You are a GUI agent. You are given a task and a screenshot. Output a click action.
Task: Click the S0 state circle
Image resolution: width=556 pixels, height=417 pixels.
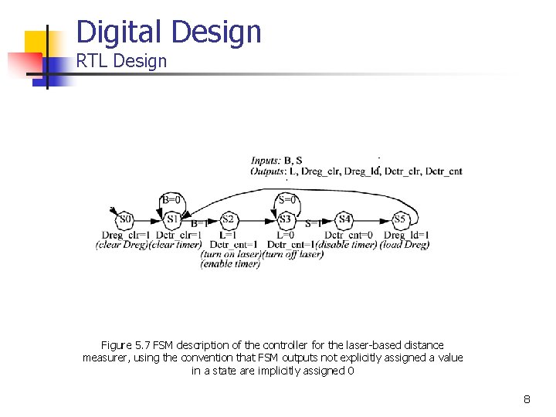pyautogui.click(x=126, y=219)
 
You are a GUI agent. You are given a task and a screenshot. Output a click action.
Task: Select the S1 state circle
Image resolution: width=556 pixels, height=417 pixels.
pyautogui.click(x=173, y=219)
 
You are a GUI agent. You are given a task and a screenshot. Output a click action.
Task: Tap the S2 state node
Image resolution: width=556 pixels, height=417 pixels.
pyautogui.click(x=228, y=219)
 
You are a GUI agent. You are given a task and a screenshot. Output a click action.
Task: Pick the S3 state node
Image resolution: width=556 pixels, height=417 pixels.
pyautogui.click(x=286, y=219)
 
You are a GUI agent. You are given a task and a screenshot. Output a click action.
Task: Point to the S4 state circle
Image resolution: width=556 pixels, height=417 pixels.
pyautogui.click(x=344, y=219)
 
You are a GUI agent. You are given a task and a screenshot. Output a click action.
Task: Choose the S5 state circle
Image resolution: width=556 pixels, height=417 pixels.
pyautogui.click(x=400, y=219)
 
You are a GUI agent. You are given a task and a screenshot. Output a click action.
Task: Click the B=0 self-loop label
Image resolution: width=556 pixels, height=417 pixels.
pyautogui.click(x=171, y=199)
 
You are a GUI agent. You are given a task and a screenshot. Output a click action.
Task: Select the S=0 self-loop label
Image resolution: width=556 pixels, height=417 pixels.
pyautogui.click(x=286, y=199)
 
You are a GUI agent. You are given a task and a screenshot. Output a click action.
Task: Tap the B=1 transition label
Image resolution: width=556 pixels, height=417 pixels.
pyautogui.click(x=199, y=224)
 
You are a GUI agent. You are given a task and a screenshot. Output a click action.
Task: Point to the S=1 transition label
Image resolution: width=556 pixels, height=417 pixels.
pyautogui.click(x=314, y=224)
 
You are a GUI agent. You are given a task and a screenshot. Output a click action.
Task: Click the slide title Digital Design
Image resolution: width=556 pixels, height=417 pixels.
pyautogui.click(x=169, y=32)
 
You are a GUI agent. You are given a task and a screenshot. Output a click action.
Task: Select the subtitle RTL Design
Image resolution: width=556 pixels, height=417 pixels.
pyautogui.click(x=121, y=61)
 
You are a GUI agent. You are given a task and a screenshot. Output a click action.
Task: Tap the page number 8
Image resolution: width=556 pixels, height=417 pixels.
pyautogui.click(x=527, y=399)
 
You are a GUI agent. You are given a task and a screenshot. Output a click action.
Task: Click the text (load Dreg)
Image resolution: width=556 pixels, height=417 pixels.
pyautogui.click(x=405, y=245)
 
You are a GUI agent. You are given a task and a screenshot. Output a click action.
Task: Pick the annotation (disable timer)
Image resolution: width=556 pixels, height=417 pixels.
pyautogui.click(x=347, y=245)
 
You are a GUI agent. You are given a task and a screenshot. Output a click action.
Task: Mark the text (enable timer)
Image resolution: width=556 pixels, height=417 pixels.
pyautogui.click(x=230, y=263)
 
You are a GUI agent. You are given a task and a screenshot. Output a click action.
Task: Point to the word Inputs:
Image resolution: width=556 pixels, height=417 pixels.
pyautogui.click(x=266, y=161)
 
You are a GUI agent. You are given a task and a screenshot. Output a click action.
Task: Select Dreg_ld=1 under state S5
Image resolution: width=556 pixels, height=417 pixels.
pyautogui.click(x=406, y=235)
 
